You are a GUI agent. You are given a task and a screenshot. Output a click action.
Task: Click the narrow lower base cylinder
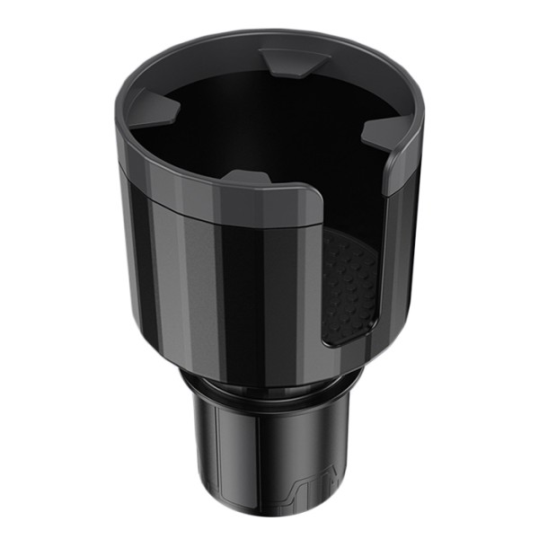[x=243, y=458]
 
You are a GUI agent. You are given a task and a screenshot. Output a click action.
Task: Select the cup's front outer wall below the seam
[x=225, y=287]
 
